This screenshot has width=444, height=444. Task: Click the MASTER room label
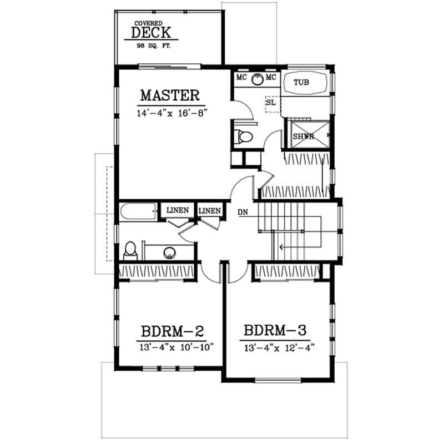(169, 95)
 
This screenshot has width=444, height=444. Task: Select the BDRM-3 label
(275, 331)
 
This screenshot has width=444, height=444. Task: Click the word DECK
(155, 33)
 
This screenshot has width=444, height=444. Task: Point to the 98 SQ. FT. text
(155, 47)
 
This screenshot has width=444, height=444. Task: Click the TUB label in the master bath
(301, 83)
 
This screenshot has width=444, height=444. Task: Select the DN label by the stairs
(243, 212)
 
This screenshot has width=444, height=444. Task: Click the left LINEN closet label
(178, 211)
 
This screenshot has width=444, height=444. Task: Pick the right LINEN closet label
(210, 211)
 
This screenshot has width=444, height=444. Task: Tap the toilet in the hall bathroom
(130, 251)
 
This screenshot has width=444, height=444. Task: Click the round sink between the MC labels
(258, 78)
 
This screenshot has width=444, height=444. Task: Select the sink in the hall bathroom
(170, 253)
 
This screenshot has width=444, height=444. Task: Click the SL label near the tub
(271, 102)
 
